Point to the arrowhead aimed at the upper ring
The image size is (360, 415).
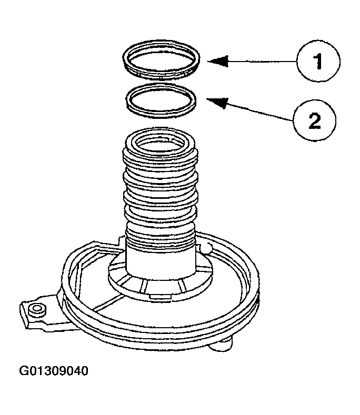click(217, 62)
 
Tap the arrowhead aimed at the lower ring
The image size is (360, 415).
click(216, 102)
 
